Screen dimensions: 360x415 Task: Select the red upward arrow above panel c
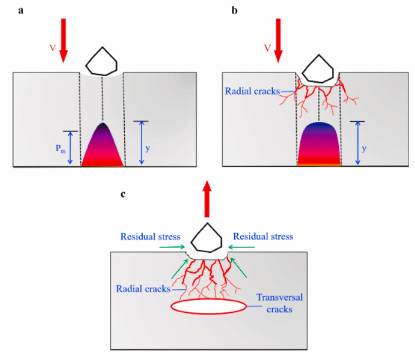coord(206,199)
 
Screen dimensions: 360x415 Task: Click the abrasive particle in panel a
coord(103,60)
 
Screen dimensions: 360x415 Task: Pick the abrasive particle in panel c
coord(206,239)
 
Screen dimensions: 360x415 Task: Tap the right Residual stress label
coord(263,236)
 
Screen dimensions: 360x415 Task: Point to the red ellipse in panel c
coord(208,306)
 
